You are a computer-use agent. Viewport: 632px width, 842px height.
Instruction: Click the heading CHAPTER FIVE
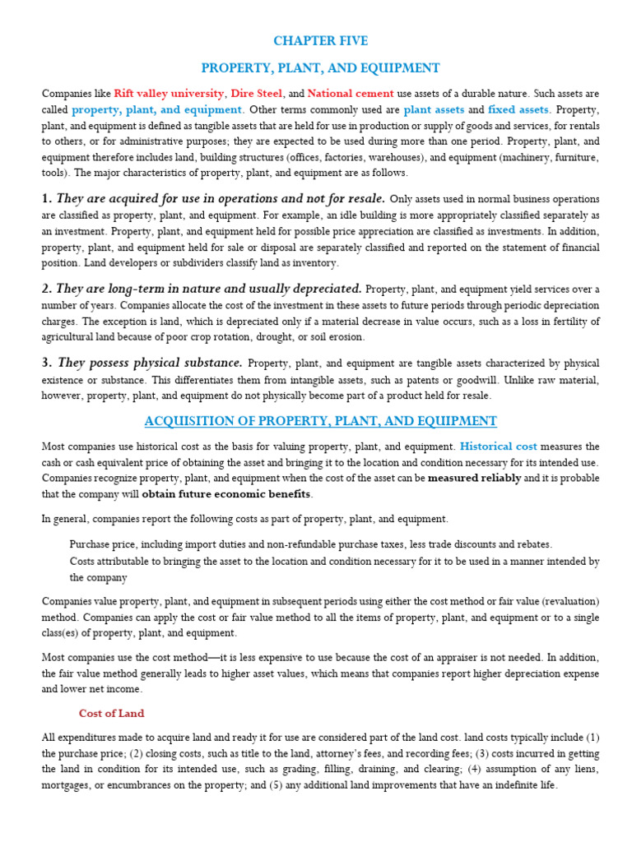pos(321,40)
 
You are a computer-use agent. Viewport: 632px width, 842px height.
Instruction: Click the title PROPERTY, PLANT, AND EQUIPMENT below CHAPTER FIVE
pos(321,67)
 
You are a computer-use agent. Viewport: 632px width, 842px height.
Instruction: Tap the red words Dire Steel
pos(255,93)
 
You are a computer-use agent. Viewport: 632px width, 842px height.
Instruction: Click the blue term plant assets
pos(434,109)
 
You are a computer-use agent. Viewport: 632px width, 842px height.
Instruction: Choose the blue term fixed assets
pos(518,109)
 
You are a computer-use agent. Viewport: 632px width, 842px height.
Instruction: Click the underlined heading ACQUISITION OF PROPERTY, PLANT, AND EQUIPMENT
pos(321,421)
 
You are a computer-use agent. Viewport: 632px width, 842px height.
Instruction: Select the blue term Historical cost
pos(498,446)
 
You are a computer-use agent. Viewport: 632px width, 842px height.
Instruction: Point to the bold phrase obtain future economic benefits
pos(226,493)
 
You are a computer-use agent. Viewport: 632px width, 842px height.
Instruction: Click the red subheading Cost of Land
pos(111,713)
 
